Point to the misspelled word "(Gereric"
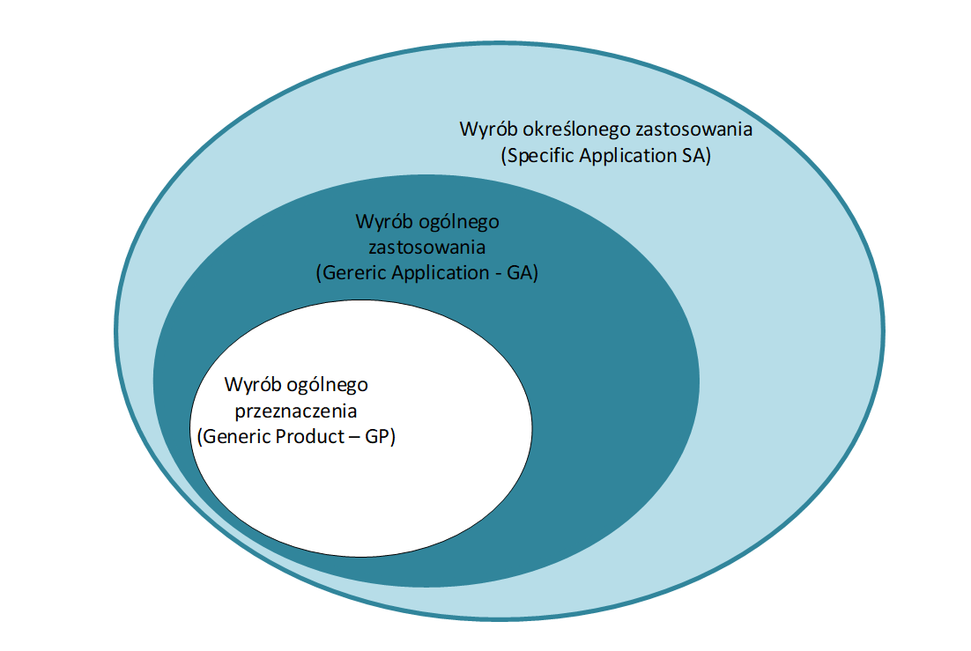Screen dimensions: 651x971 348,273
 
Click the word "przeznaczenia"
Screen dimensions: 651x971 294,411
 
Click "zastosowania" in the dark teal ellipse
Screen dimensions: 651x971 426,247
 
